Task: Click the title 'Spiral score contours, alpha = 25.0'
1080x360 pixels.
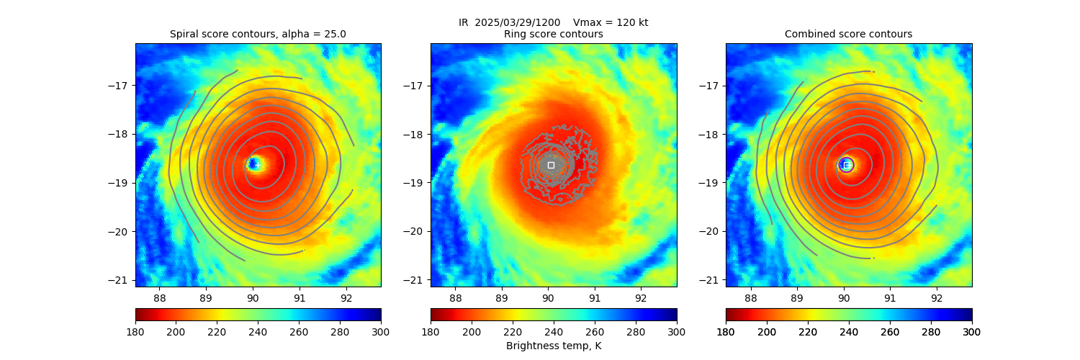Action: [x=258, y=34]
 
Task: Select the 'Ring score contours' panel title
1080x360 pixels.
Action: [x=553, y=34]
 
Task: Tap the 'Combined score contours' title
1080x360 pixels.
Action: [x=848, y=34]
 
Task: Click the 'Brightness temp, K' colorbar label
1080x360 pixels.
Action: [x=553, y=346]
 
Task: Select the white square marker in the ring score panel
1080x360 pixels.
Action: [x=551, y=165]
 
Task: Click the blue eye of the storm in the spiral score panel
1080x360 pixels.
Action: [x=253, y=165]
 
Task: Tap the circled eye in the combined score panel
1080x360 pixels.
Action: [x=846, y=165]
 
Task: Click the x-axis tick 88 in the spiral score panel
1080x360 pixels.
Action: [x=159, y=295]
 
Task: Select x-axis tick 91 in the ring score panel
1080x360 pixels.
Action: [x=595, y=295]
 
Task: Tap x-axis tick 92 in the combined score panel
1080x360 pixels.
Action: [x=937, y=295]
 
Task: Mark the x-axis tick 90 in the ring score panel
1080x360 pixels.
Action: [x=548, y=295]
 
